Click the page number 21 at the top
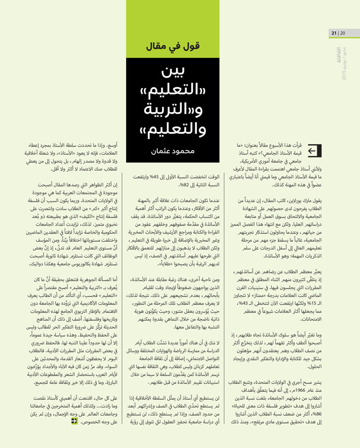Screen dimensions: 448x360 [x=334, y=34]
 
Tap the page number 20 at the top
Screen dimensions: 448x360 [x=342, y=34]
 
